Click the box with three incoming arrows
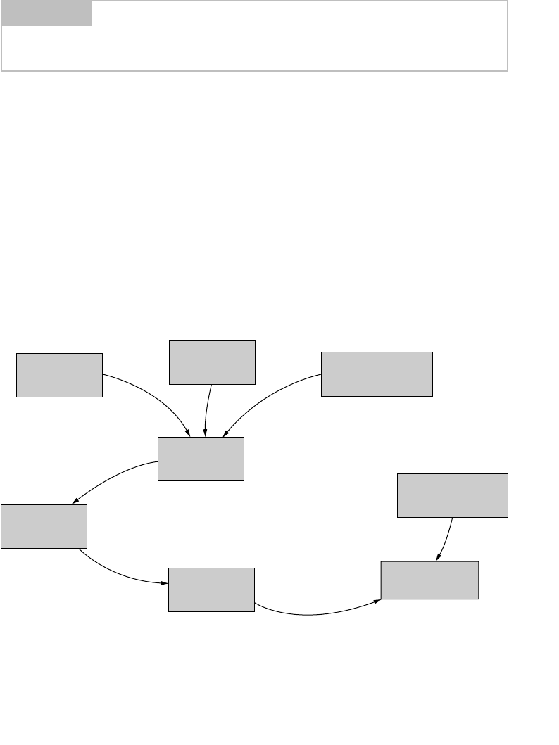point(201,459)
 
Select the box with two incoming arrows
point(429,580)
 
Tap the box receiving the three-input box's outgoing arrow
point(44,526)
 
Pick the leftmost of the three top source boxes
point(59,375)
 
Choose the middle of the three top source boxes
point(212,362)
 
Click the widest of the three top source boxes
point(377,374)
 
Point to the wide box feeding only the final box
point(453,495)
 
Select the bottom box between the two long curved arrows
point(211,590)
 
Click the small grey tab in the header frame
point(46,13)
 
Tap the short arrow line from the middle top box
point(208,408)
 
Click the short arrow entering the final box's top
point(446,538)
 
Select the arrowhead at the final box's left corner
point(377,601)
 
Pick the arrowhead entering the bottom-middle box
point(165,584)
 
